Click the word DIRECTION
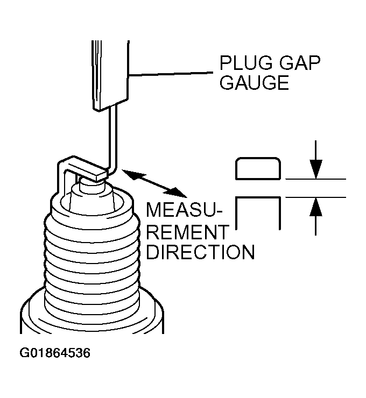tap(200, 252)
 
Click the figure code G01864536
tap(55, 353)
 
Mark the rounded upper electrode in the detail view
tap(258, 168)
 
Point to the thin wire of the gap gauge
tap(113, 140)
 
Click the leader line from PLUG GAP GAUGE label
tap(172, 74)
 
